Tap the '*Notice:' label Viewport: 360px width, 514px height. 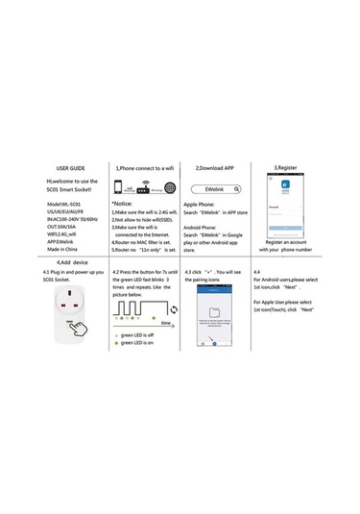(122, 205)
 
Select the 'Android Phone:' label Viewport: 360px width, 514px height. (202, 227)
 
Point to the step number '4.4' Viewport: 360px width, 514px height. (256, 273)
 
